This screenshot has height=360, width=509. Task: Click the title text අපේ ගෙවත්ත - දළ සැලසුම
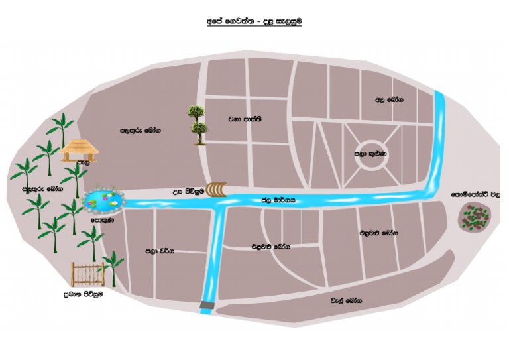pos(254,22)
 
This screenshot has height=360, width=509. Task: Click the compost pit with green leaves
pos(475,216)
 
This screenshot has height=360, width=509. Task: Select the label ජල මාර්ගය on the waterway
pos(277,199)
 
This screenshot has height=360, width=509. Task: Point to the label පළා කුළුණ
pos(370,154)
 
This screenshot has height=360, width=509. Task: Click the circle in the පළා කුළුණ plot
pos(369,153)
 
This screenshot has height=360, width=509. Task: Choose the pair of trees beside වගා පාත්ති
pos(197,123)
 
